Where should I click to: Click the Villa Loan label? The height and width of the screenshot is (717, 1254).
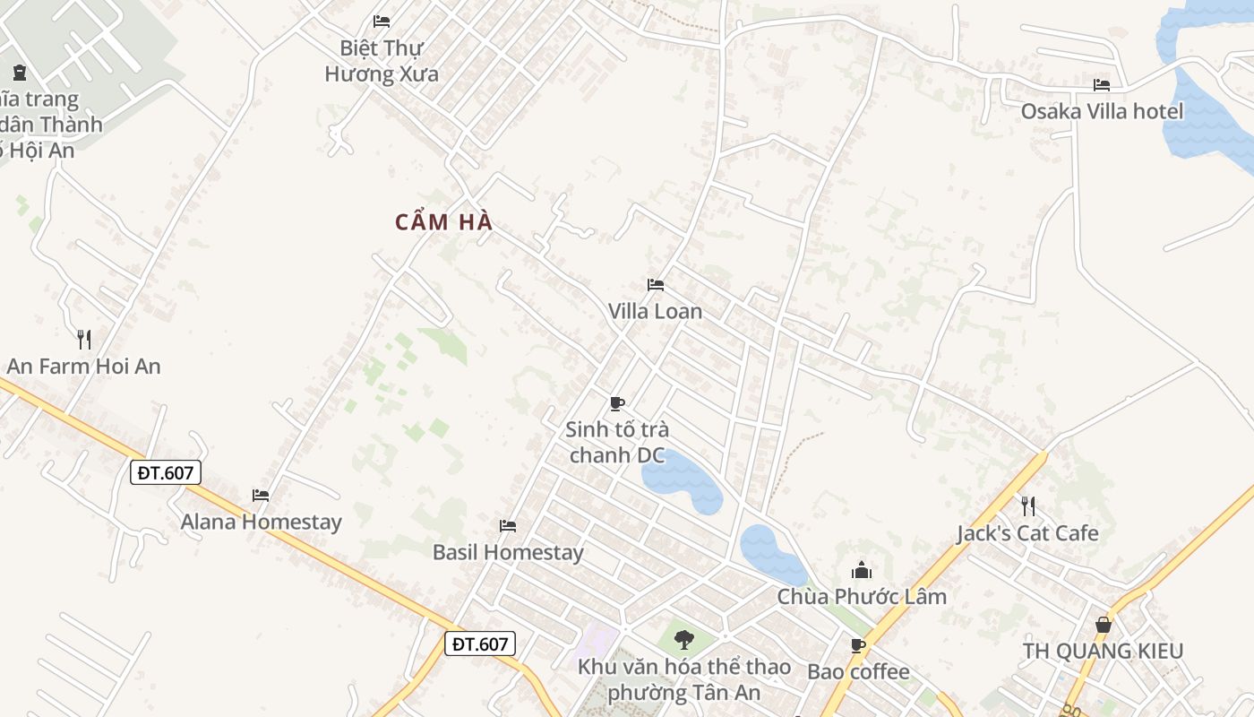coord(655,312)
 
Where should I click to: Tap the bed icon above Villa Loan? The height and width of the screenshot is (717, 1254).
coord(656,285)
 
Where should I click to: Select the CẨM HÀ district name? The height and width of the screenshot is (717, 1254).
coord(444,222)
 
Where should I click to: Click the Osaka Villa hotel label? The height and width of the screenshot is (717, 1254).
coord(1102,111)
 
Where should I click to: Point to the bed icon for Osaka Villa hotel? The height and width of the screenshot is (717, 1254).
coord(1102,85)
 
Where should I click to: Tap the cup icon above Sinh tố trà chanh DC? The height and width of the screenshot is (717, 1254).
coord(616,403)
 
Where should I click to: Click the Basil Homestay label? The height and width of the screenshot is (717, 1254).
coord(508,552)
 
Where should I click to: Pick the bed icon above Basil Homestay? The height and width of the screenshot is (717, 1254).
coord(508,526)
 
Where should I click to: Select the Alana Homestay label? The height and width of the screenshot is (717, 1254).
coord(261,522)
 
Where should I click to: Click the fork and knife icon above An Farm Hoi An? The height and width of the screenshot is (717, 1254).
coord(84,339)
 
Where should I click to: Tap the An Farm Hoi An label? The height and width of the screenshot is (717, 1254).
coord(83,366)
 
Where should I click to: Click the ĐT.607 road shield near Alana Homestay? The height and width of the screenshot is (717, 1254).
coord(166,472)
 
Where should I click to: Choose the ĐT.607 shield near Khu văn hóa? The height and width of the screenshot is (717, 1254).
coord(480,644)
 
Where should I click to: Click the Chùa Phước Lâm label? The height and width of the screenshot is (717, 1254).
coord(862,597)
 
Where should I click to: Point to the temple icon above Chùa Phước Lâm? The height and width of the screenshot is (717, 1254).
coord(862,570)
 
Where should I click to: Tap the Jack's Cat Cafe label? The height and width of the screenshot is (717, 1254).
coord(1027,533)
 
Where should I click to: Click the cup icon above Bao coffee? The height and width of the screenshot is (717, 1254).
coord(858,645)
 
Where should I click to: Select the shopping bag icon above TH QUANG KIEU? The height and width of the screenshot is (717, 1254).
coord(1103,625)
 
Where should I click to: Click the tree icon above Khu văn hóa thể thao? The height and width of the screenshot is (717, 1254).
coord(684,640)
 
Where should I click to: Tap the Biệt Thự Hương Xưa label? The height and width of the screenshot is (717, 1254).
coord(382,60)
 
